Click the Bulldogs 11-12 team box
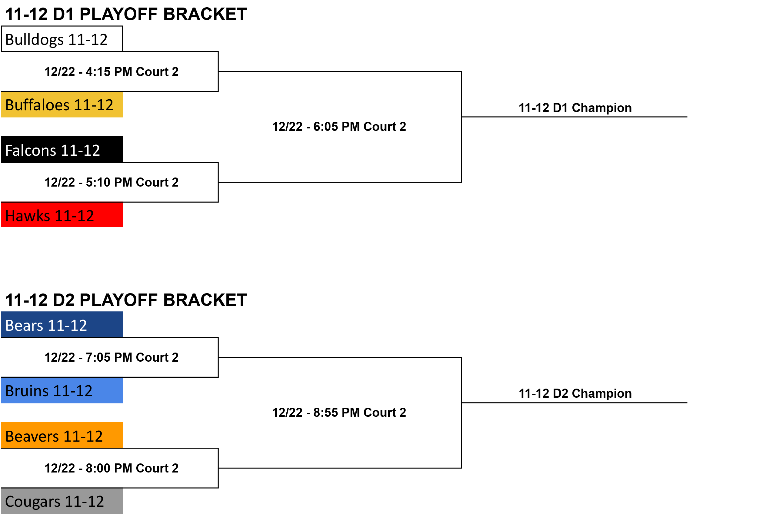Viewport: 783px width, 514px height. click(62, 39)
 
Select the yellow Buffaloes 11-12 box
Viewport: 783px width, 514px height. click(62, 104)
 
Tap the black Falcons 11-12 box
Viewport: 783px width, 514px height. click(62, 149)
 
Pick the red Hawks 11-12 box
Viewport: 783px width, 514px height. click(62, 215)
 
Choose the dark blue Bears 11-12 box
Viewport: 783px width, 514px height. click(62, 325)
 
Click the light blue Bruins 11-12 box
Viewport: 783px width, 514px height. click(62, 390)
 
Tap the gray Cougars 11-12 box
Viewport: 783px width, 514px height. click(62, 501)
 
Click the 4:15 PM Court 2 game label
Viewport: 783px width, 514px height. click(112, 72)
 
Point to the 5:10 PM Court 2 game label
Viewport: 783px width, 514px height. click(112, 182)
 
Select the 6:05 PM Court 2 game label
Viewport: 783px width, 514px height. click(339, 127)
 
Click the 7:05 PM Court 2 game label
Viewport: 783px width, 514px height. click(112, 357)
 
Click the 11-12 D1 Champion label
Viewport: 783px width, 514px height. click(575, 108)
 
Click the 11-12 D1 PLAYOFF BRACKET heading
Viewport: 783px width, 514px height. click(126, 14)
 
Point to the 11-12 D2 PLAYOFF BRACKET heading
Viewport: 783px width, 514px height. click(126, 300)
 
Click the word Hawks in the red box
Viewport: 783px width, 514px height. click(28, 216)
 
